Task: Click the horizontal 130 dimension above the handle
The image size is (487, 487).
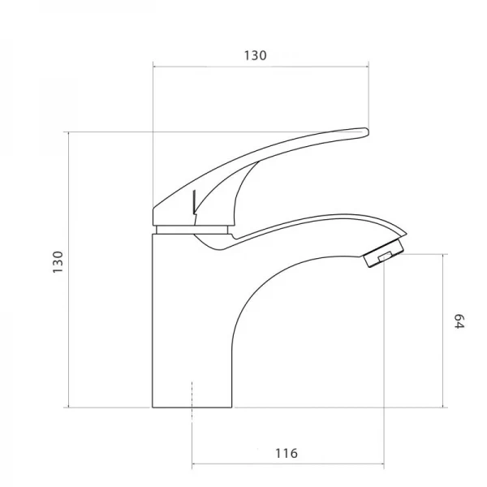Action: tap(256, 55)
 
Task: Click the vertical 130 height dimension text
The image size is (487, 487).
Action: tap(58, 262)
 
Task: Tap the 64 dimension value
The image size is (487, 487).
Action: tap(459, 321)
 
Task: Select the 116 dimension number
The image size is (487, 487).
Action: tap(287, 453)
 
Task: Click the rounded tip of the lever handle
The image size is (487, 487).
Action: tap(367, 132)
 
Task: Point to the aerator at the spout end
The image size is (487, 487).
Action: tap(384, 252)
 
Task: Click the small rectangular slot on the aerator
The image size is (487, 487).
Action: tap(385, 256)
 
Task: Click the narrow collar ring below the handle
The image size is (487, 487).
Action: tap(192, 230)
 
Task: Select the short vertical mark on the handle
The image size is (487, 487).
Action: tap(194, 202)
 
